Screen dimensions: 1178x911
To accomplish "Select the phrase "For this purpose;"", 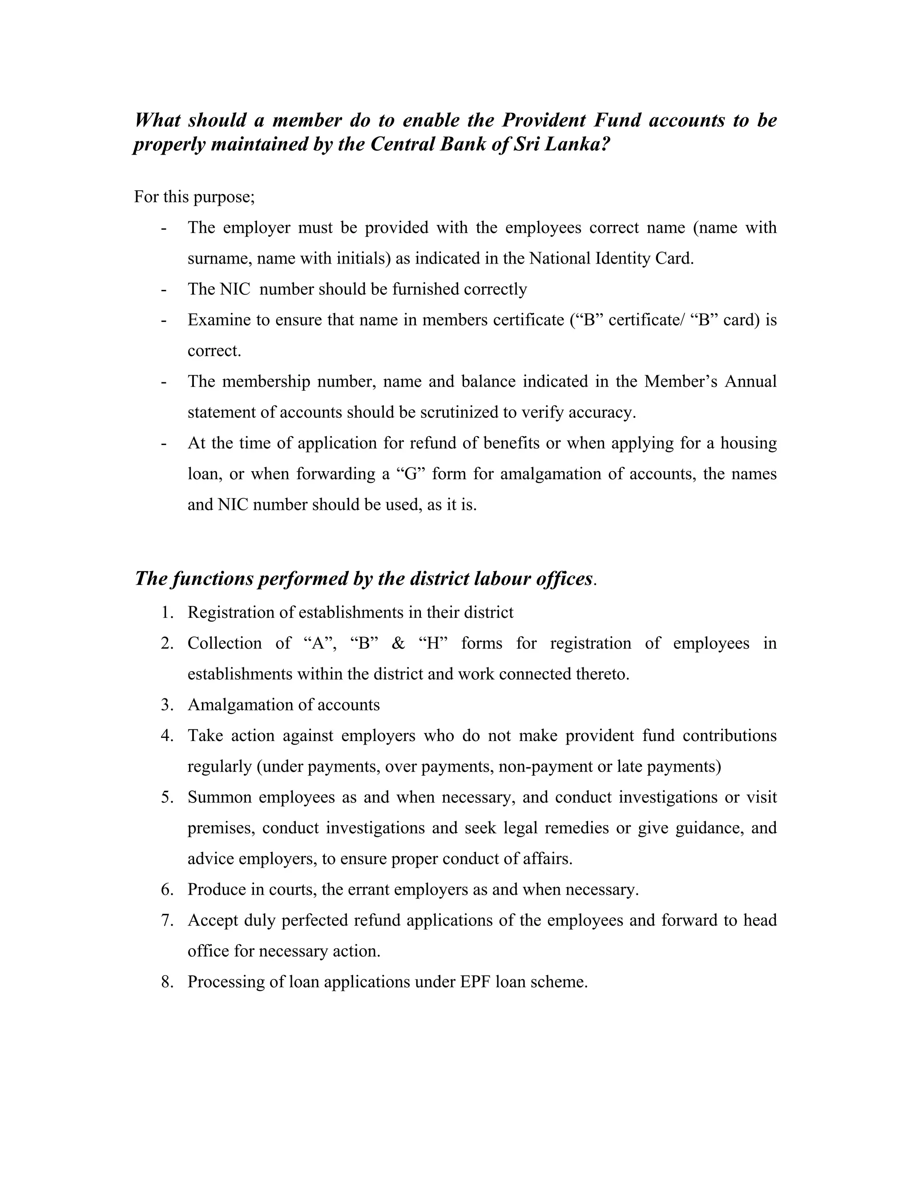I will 194,197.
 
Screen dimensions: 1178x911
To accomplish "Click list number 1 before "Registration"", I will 167,613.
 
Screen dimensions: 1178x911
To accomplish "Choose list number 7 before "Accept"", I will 167,920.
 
